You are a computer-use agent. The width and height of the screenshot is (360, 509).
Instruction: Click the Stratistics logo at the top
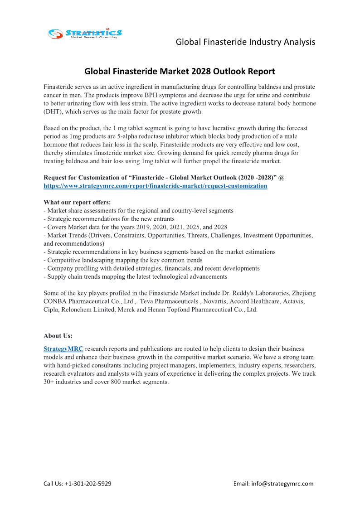pos(85,33)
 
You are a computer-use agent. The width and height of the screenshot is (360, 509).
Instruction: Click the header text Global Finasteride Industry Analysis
pos(245,42)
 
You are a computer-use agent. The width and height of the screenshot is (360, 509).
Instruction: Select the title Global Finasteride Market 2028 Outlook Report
pos(180,71)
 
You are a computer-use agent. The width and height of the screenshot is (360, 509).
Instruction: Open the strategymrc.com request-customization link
pos(155,186)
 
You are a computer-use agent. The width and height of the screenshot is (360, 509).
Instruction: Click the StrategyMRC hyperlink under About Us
pos(63,349)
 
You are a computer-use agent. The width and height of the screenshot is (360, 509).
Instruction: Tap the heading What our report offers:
pos(77,202)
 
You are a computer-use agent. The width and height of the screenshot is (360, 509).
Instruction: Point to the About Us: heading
pos(58,336)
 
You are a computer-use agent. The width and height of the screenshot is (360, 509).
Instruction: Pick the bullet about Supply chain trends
pos(136,276)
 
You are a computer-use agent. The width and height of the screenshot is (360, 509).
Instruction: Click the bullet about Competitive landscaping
pos(123,260)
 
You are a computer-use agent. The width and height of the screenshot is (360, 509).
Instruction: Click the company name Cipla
pos(52,310)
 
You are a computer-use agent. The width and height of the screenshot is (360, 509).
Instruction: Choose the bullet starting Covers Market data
pos(135,227)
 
